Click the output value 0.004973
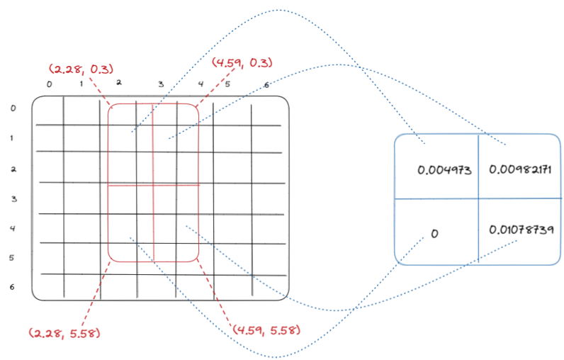(x=444, y=170)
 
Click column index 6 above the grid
(x=266, y=86)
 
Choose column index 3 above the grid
(x=161, y=84)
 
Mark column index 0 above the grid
(x=49, y=84)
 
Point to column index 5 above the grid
(x=227, y=84)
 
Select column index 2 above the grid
(x=119, y=82)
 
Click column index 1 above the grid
(x=81, y=84)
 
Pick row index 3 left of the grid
(x=14, y=199)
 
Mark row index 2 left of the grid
(x=14, y=169)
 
